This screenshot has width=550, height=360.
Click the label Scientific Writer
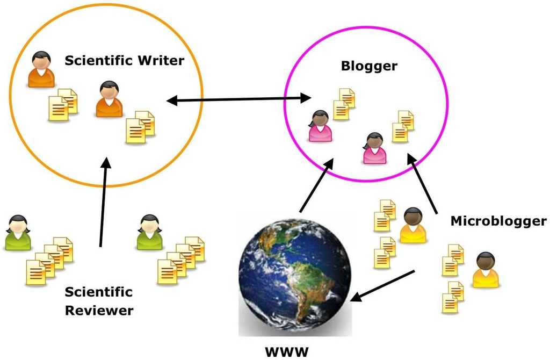click(124, 61)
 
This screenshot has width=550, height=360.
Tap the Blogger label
click(369, 66)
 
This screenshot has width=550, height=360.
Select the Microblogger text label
click(498, 220)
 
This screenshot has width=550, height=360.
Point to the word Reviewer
click(99, 310)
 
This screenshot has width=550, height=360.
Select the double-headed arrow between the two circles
click(240, 99)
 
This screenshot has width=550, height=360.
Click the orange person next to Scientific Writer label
click(41, 69)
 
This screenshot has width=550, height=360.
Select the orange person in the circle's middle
click(109, 99)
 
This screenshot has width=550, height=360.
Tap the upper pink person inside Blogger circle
click(320, 126)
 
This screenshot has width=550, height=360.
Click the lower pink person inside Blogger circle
click(374, 148)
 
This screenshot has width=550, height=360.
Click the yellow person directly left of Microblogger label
click(412, 226)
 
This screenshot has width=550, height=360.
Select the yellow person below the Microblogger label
click(485, 270)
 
